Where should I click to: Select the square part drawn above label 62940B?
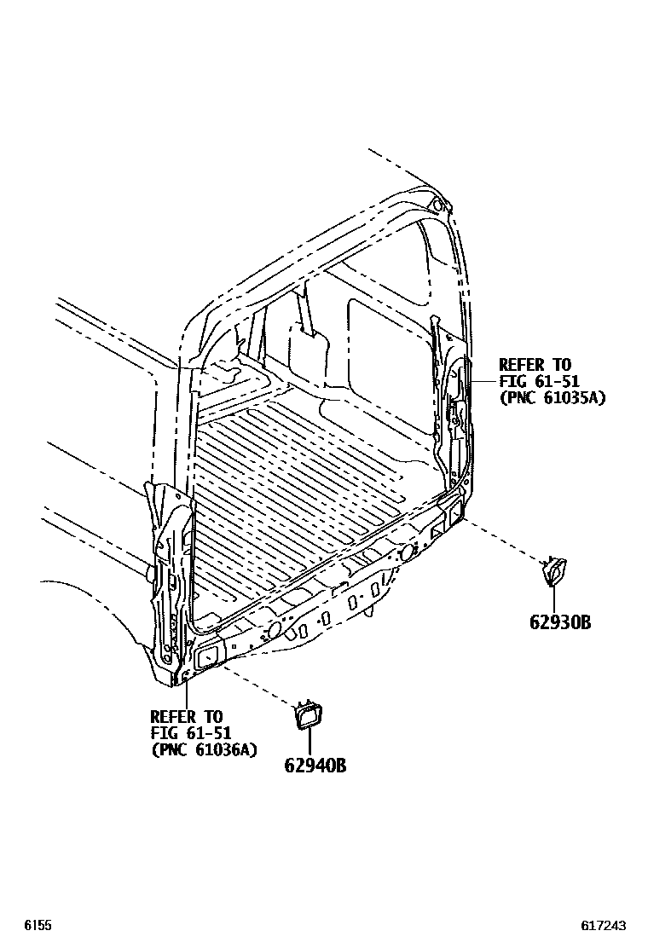(x=308, y=717)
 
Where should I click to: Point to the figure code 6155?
(x=38, y=925)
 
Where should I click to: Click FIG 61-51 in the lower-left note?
(x=191, y=732)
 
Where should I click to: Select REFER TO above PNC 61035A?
(x=535, y=365)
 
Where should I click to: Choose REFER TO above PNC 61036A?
(x=186, y=716)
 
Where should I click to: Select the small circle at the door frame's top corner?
(x=437, y=205)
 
